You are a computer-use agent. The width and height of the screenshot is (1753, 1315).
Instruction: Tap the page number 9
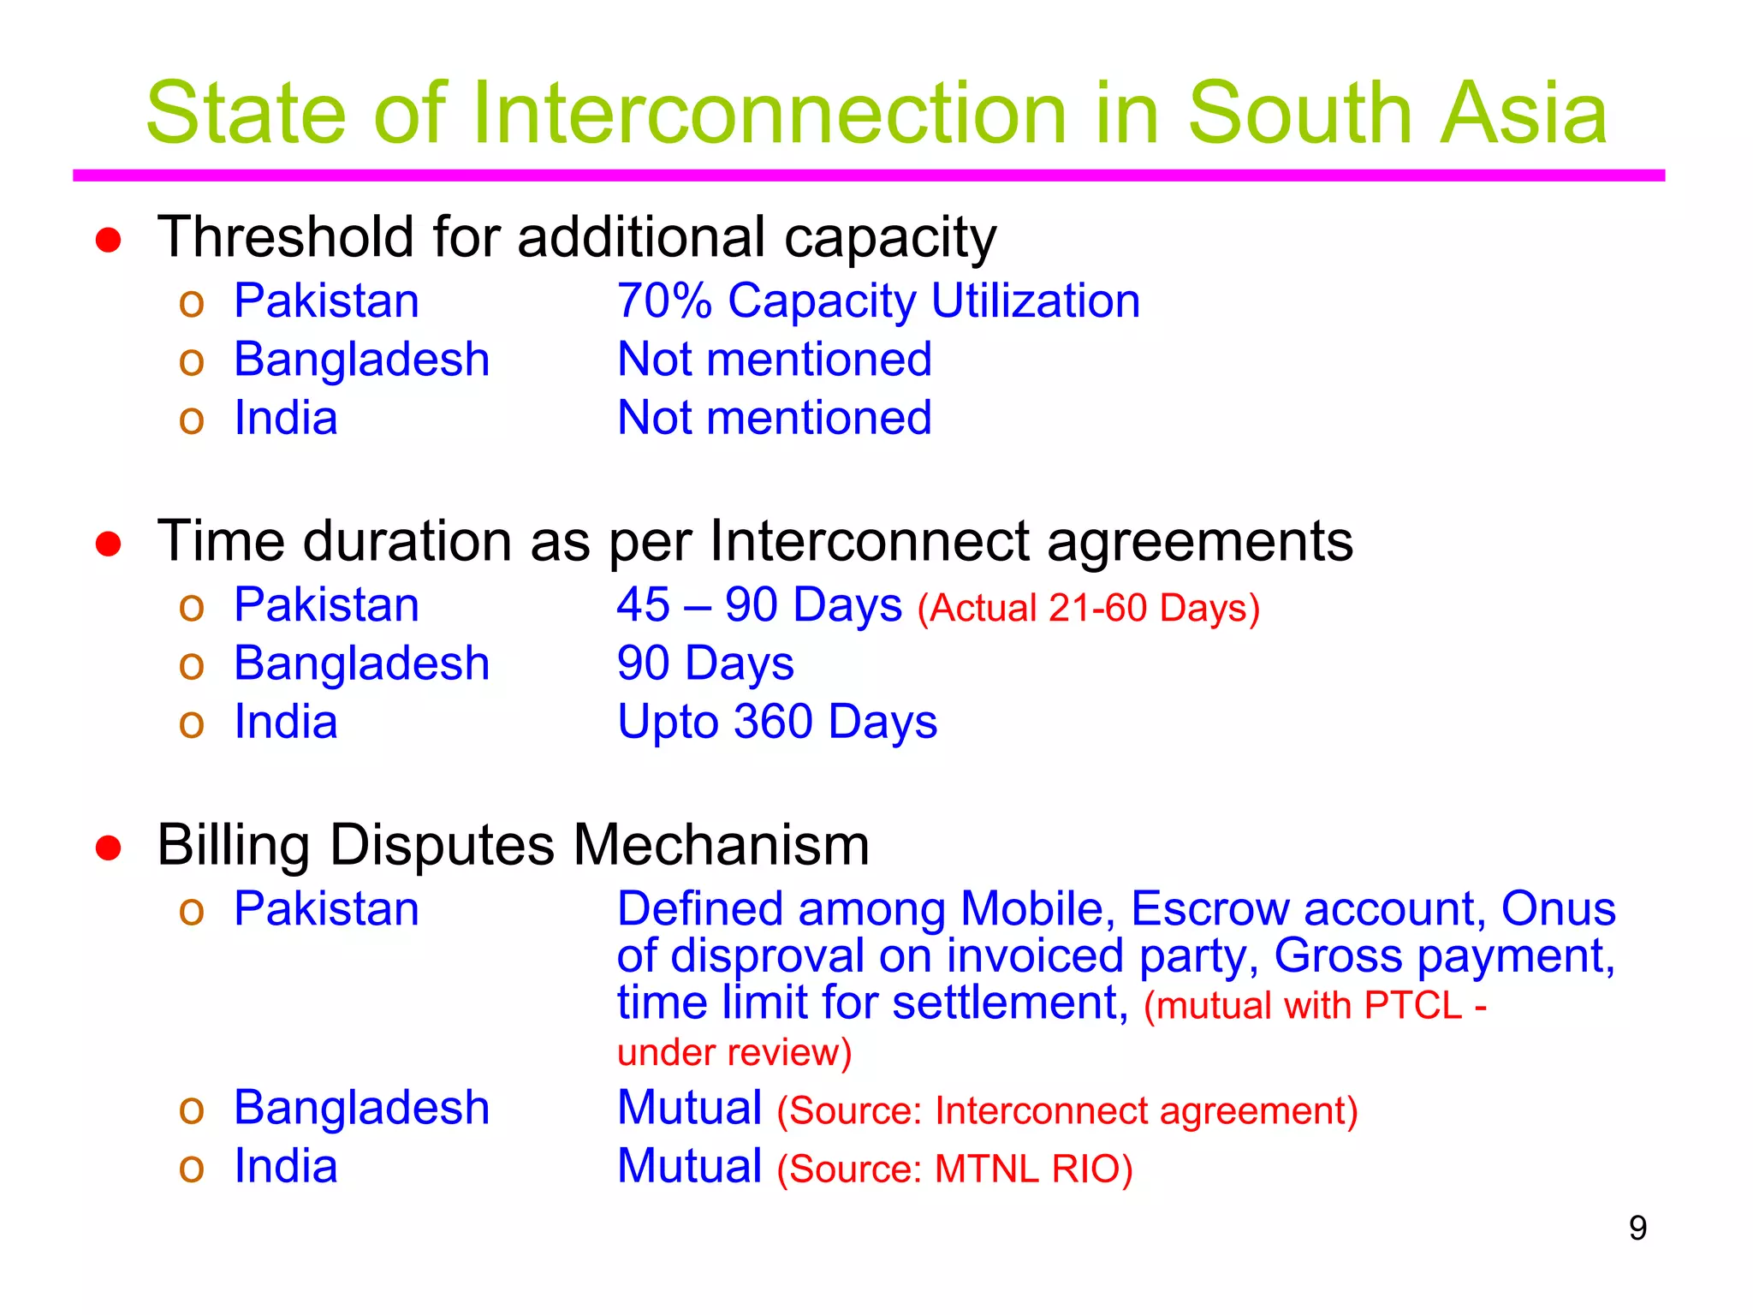pos(1637,1229)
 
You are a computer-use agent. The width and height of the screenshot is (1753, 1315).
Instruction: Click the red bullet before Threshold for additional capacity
pos(108,241)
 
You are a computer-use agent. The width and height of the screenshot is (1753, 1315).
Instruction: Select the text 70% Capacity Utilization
pos(878,301)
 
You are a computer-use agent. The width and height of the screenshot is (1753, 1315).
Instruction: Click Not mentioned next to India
pos(774,418)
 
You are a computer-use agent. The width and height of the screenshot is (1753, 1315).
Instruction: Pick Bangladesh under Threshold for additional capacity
pos(361,360)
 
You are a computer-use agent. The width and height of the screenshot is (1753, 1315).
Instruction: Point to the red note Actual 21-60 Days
pos(1088,609)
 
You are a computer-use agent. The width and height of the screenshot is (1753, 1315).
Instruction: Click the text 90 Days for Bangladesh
pos(705,663)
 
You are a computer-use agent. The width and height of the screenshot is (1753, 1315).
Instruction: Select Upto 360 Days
pos(776,722)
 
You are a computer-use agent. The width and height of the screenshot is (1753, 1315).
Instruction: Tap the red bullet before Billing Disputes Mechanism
pos(108,848)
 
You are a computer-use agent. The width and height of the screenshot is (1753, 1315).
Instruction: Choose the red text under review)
pos(734,1052)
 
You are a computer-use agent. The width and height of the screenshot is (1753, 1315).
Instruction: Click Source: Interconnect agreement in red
pos(1067,1111)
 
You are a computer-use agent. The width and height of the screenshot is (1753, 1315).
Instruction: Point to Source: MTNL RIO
pos(954,1169)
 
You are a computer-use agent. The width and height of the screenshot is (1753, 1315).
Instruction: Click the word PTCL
pos(1412,1006)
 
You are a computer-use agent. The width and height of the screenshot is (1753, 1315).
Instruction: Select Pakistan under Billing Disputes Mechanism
pos(326,909)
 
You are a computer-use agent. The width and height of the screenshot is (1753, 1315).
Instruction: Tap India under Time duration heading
pos(286,722)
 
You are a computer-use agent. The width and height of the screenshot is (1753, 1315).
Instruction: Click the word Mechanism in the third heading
pos(721,846)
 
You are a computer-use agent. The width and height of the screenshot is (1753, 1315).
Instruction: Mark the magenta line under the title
pos(868,176)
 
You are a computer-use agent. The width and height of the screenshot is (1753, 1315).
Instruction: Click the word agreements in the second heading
pos(1199,543)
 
